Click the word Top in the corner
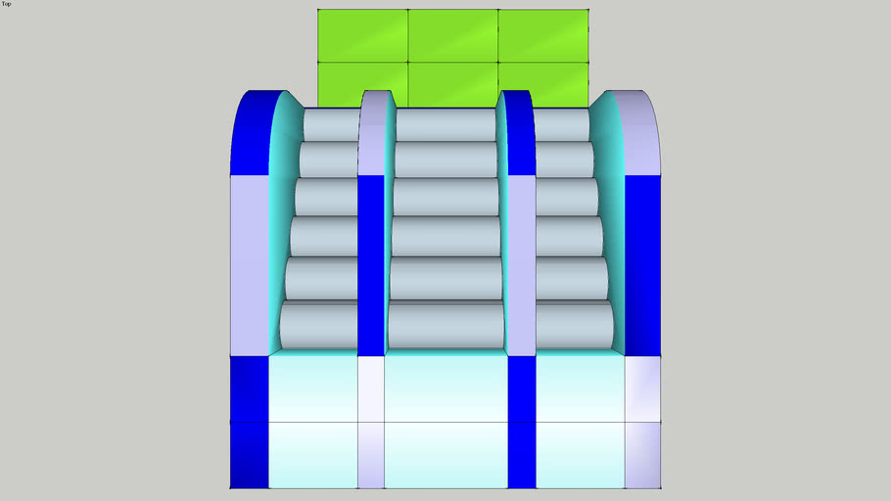pyautogui.click(x=6, y=3)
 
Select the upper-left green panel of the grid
pyautogui.click(x=362, y=35)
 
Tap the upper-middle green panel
pyautogui.click(x=453, y=35)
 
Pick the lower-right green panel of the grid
pyautogui.click(x=543, y=84)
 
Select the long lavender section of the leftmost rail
pyautogui.click(x=250, y=265)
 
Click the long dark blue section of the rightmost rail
pyautogui.click(x=642, y=265)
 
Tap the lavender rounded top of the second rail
pyautogui.click(x=373, y=133)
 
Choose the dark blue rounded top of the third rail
pyautogui.click(x=518, y=133)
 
